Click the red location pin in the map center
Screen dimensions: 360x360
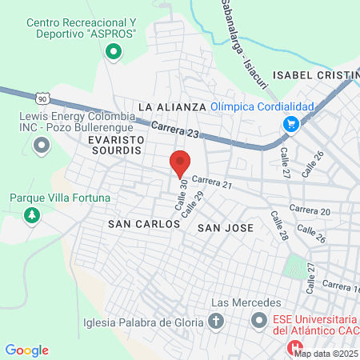click(181, 162)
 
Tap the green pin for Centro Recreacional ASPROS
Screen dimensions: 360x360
click(114, 53)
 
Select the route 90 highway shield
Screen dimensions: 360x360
click(42, 98)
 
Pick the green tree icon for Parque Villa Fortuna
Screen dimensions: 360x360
click(31, 215)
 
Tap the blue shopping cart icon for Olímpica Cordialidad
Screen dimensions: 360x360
click(290, 124)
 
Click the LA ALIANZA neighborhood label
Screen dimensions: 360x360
click(173, 106)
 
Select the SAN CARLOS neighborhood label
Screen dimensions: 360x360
click(144, 225)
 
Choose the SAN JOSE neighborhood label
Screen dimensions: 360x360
click(225, 228)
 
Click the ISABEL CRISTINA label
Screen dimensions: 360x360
click(316, 74)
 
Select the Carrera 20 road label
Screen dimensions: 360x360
click(310, 210)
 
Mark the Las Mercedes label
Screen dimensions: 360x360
click(246, 302)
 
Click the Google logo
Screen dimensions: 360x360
click(27, 350)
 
